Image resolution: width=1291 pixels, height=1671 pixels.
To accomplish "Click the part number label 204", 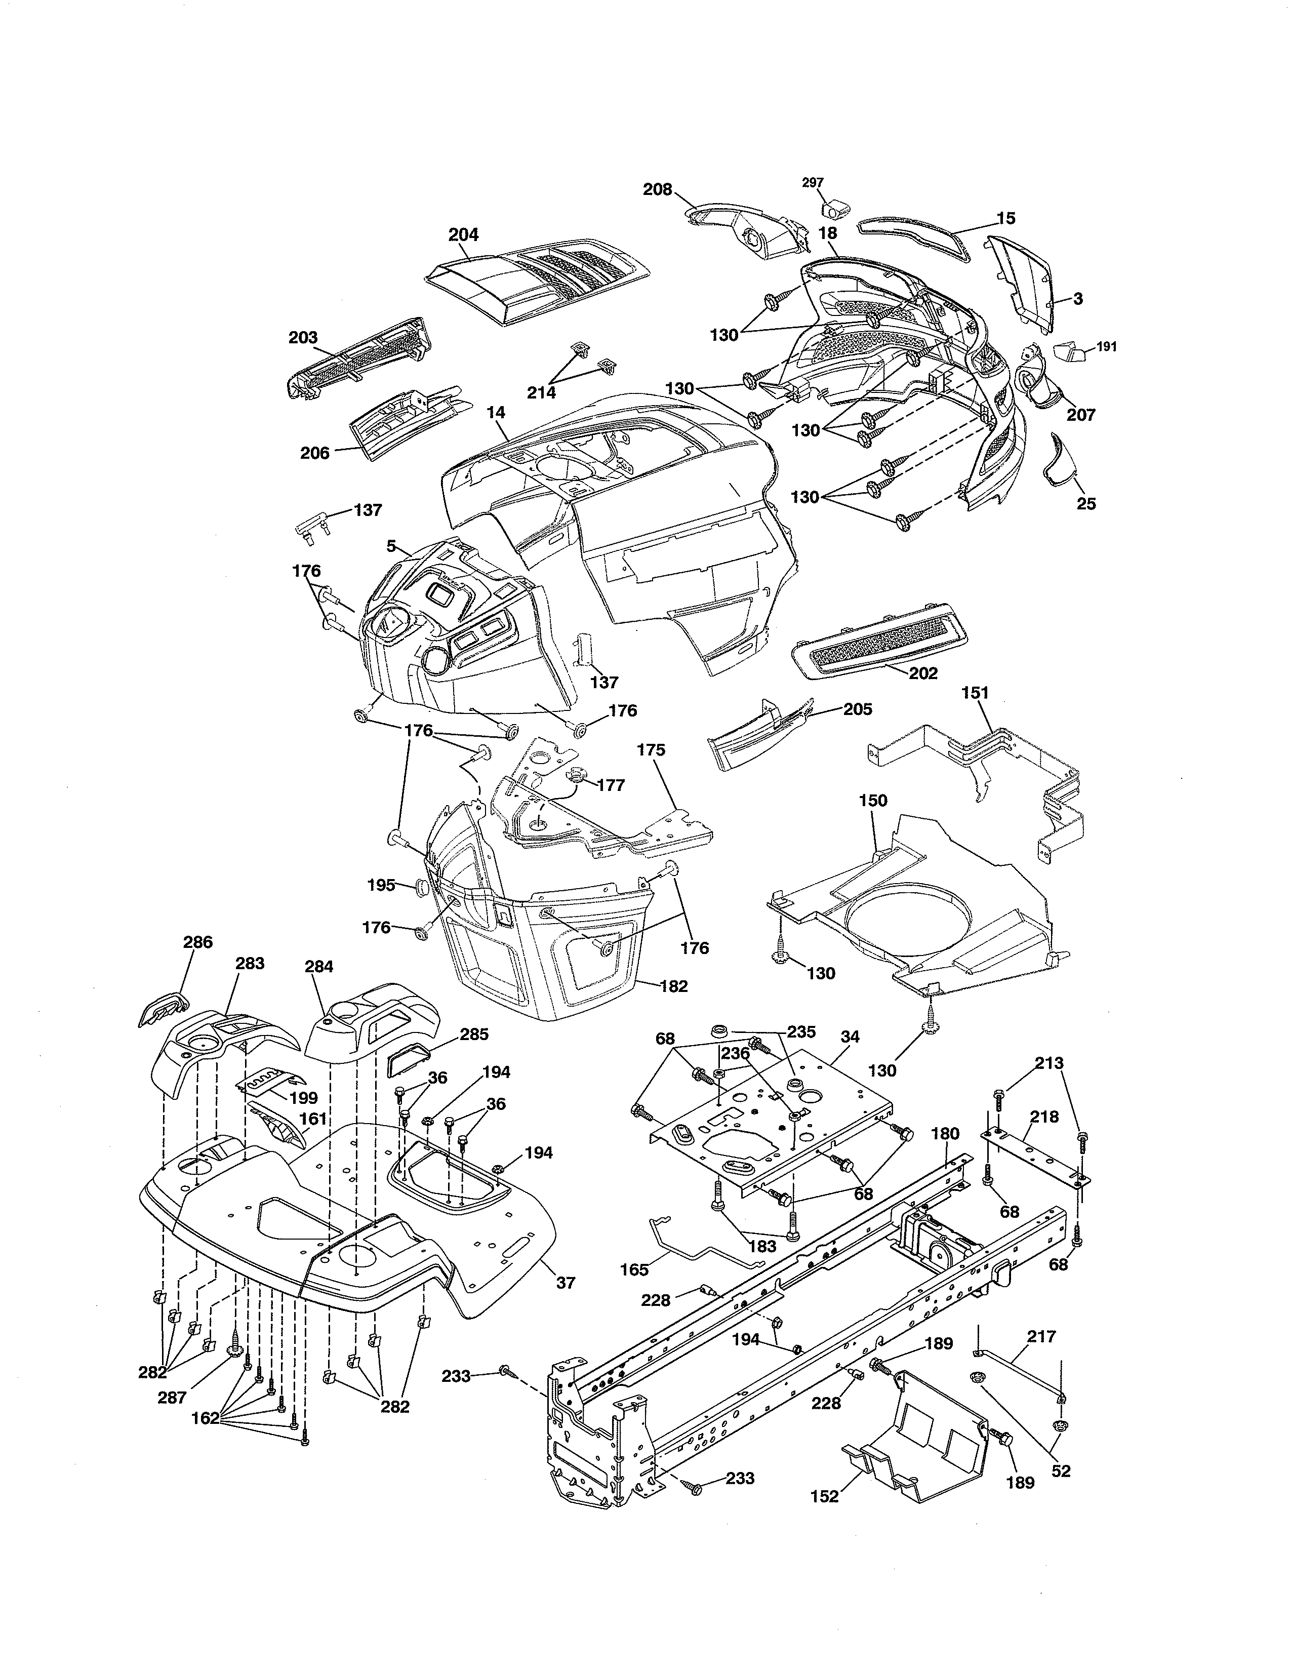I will pyautogui.click(x=463, y=235).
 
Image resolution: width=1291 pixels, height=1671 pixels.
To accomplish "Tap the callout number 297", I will pyautogui.click(x=813, y=182).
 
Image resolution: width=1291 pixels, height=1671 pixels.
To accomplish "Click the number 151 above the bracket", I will pyautogui.click(x=975, y=692).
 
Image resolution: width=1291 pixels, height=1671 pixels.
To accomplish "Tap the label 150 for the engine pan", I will pyautogui.click(x=873, y=800).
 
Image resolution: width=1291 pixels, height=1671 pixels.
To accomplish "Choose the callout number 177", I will pyautogui.click(x=611, y=784).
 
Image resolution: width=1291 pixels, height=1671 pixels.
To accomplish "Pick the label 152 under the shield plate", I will pyautogui.click(x=824, y=1496).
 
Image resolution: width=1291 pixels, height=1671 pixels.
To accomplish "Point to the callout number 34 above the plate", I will pyautogui.click(x=850, y=1036).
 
